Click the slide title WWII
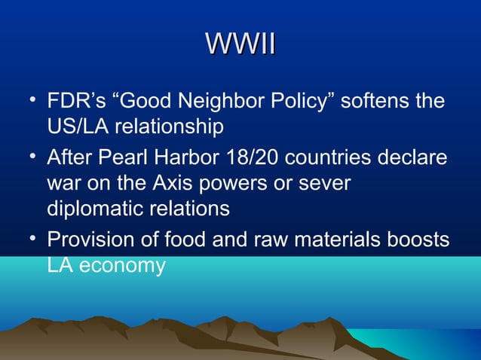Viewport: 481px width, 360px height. (240, 42)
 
